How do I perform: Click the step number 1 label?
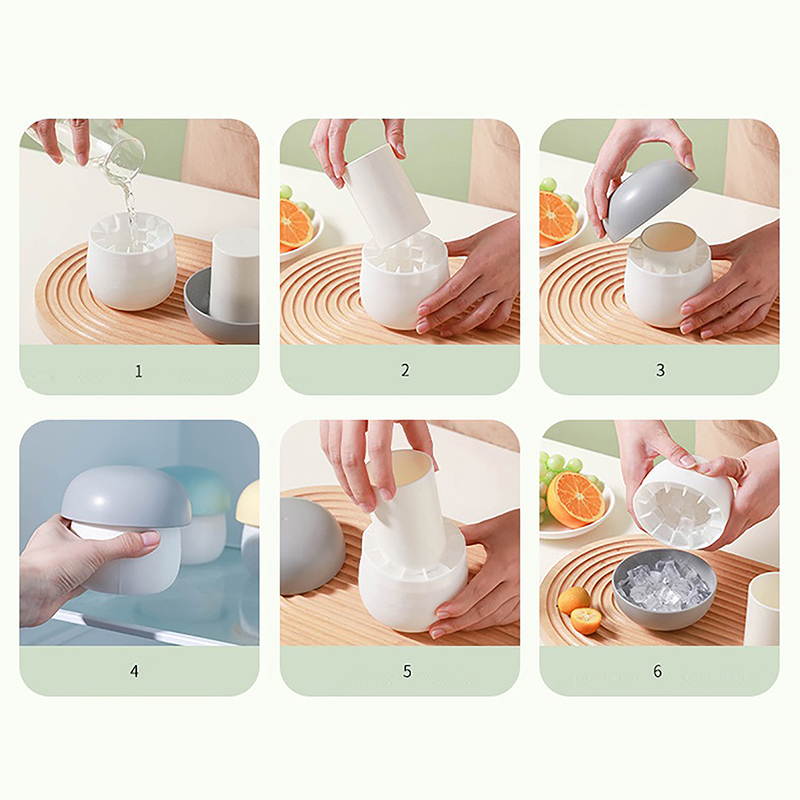tap(138, 371)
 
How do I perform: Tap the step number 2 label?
tap(405, 370)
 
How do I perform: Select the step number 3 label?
tap(660, 370)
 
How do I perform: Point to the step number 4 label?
tap(134, 671)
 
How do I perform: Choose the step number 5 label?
tap(407, 671)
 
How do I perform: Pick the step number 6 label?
tap(658, 671)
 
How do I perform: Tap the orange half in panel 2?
tap(294, 223)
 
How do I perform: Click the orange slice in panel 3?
tap(557, 216)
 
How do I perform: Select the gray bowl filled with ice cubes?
tap(662, 589)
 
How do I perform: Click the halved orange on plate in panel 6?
tap(575, 498)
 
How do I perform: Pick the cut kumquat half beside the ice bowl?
tap(585, 620)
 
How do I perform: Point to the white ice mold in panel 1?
tap(131, 260)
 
